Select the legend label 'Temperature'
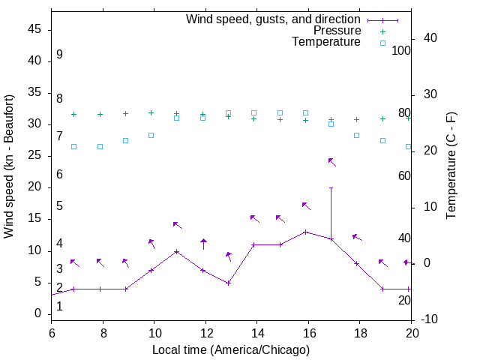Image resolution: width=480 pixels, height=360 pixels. pos(326,42)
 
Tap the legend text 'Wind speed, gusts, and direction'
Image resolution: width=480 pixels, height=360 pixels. pos(273,19)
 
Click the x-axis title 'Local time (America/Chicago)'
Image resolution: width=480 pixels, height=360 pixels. pos(231,350)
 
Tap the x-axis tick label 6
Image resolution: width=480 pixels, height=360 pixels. pos(52,331)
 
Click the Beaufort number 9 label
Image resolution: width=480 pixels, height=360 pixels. pos(59,55)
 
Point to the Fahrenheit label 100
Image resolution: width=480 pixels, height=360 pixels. pos(402,50)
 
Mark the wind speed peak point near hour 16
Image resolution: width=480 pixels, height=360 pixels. pos(305,232)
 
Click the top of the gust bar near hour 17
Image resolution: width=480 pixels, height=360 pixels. pos(331,188)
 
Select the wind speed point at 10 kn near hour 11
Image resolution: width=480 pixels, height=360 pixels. pos(176,251)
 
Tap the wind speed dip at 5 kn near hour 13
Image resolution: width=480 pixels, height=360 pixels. pos(228,283)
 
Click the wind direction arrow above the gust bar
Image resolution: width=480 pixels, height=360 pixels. pos(331,161)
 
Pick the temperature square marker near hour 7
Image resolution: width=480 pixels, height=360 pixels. pos(73,146)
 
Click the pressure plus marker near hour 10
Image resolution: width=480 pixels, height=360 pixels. pos(151,112)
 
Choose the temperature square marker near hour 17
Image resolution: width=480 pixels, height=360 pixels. pos(331,124)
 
